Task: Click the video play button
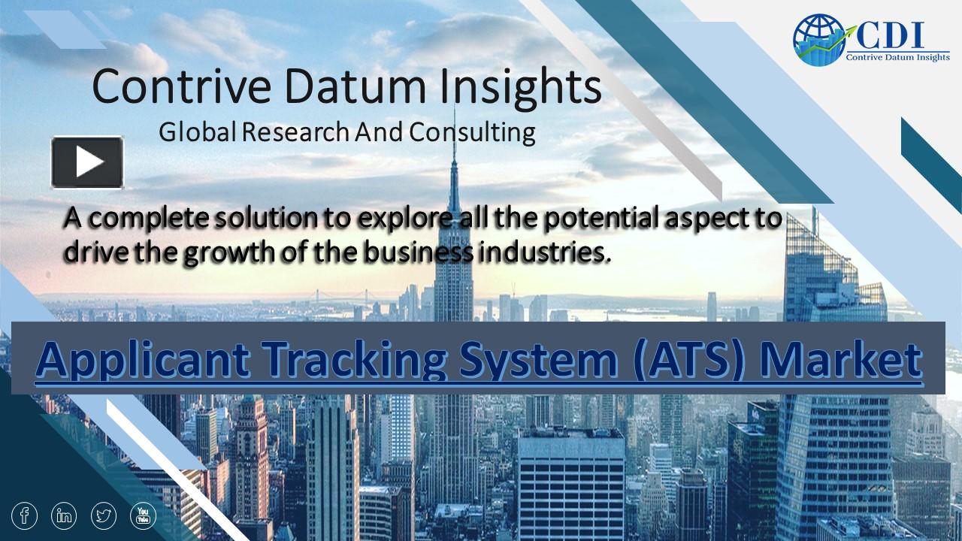pos(87,162)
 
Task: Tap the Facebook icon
pos(25,515)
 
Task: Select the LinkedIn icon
pos(65,515)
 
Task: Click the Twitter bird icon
pos(104,515)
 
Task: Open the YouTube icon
pos(144,515)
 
